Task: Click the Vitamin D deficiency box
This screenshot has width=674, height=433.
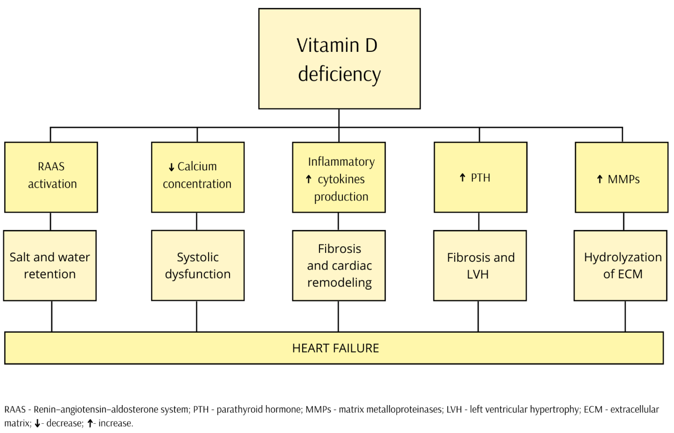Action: pos(339,59)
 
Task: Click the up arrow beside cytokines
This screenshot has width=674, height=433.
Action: pos(309,179)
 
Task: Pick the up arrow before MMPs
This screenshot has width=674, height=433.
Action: pos(600,179)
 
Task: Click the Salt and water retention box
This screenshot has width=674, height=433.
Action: pos(50,265)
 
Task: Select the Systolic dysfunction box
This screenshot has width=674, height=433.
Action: pos(198,265)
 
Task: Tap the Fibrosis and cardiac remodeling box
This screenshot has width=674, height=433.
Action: pos(339,265)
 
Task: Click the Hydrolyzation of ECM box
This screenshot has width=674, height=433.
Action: pos(620,265)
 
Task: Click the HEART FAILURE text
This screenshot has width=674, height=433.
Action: pos(335,348)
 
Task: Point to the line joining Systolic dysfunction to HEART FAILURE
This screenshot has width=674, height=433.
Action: pos(197,316)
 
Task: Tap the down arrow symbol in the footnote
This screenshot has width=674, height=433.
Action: pos(37,423)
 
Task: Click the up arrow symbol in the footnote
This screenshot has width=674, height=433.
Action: pos(90,423)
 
